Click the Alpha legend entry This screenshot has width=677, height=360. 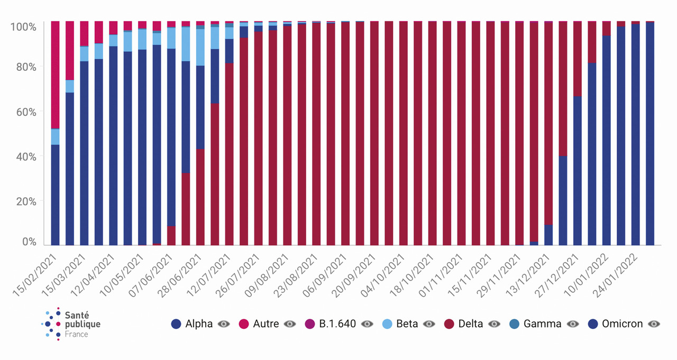198,324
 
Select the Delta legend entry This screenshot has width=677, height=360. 471,324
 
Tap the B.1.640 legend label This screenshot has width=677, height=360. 337,324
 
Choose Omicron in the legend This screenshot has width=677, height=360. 622,324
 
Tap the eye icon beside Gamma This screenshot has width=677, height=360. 573,324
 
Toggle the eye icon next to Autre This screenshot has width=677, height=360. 290,324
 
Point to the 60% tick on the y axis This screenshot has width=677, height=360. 25,112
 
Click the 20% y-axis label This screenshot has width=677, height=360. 25,201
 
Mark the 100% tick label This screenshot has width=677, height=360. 23,26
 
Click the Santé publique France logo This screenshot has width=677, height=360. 71,324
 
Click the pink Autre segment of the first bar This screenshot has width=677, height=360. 55,74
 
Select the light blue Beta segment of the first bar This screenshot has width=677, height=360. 55,136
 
